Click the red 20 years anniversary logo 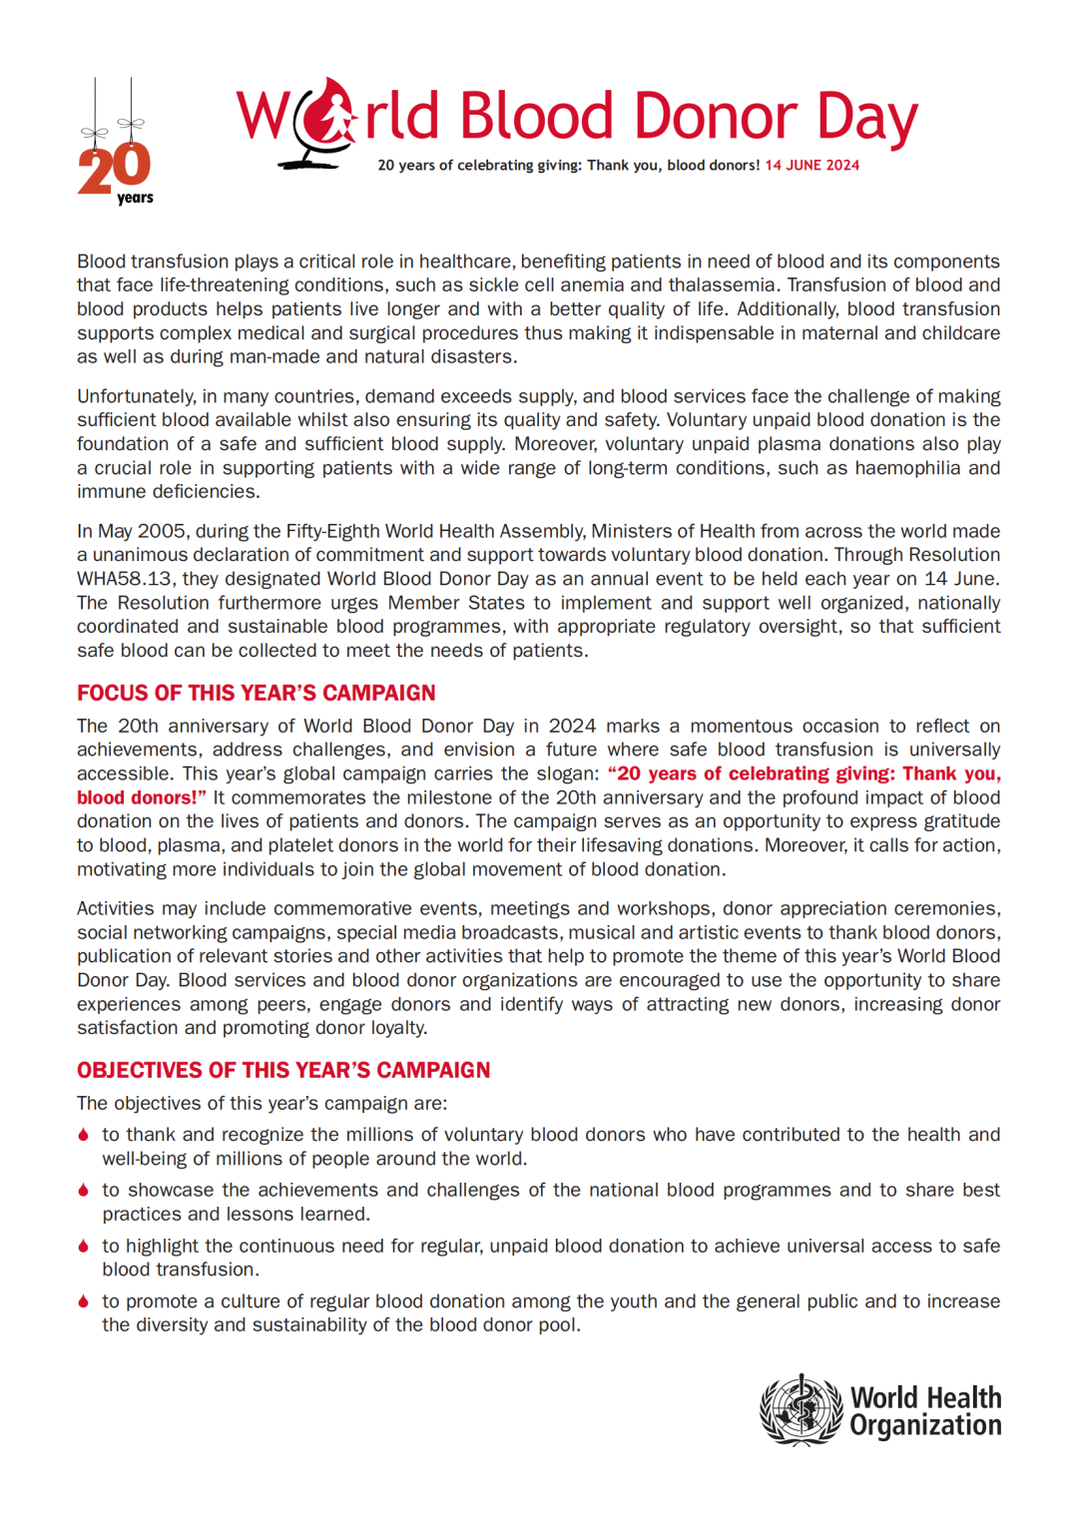click(115, 170)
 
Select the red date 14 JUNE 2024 click(811, 166)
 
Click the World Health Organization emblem click(802, 1409)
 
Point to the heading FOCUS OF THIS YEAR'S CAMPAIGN click(257, 693)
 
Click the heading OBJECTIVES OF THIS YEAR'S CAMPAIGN click(283, 1070)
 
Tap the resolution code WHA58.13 click(125, 579)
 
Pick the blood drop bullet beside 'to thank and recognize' click(84, 1135)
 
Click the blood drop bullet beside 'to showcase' click(84, 1191)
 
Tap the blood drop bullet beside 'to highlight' click(84, 1247)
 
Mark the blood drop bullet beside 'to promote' click(84, 1301)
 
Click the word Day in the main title click(866, 117)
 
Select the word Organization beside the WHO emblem click(925, 1425)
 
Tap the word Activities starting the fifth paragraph click(116, 908)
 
